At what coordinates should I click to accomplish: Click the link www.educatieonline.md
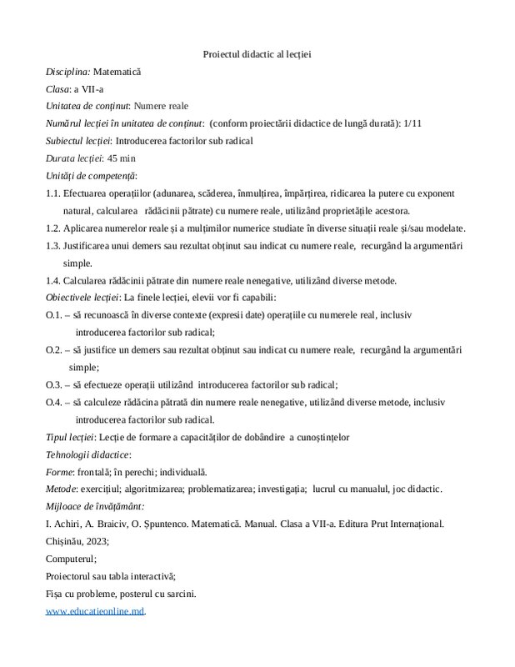tap(95, 611)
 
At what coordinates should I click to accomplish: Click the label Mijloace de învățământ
tap(95, 506)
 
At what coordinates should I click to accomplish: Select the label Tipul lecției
tap(70, 437)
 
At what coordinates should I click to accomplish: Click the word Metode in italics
tap(62, 489)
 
